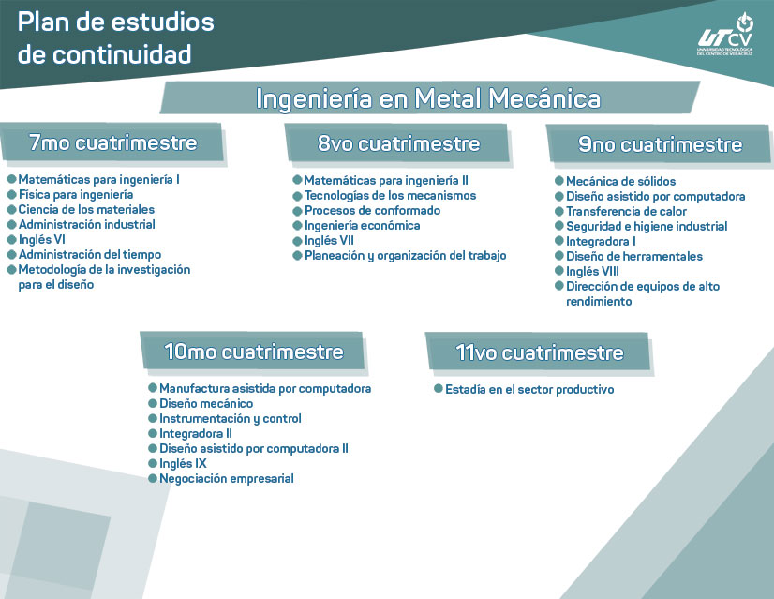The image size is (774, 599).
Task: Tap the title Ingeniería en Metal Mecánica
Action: click(x=428, y=98)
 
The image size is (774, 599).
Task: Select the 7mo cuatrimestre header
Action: click(x=112, y=143)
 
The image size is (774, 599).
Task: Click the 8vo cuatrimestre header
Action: click(x=398, y=143)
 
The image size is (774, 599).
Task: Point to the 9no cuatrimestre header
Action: click(x=660, y=145)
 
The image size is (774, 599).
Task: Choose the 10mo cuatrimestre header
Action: click(x=253, y=352)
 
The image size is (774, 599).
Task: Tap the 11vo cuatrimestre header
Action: click(x=540, y=352)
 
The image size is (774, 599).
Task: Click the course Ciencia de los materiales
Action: click(x=86, y=209)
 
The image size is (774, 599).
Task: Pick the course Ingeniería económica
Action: click(x=362, y=225)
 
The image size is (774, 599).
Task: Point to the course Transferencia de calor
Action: click(x=626, y=211)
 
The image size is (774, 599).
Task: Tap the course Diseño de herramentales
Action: click(x=633, y=256)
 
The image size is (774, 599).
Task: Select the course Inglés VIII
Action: click(x=592, y=271)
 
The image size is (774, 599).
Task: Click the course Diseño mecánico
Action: click(x=205, y=403)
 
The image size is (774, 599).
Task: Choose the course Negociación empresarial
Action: click(x=226, y=478)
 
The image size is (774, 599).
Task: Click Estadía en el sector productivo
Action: click(x=529, y=389)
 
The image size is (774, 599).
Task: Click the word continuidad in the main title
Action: click(x=122, y=54)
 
